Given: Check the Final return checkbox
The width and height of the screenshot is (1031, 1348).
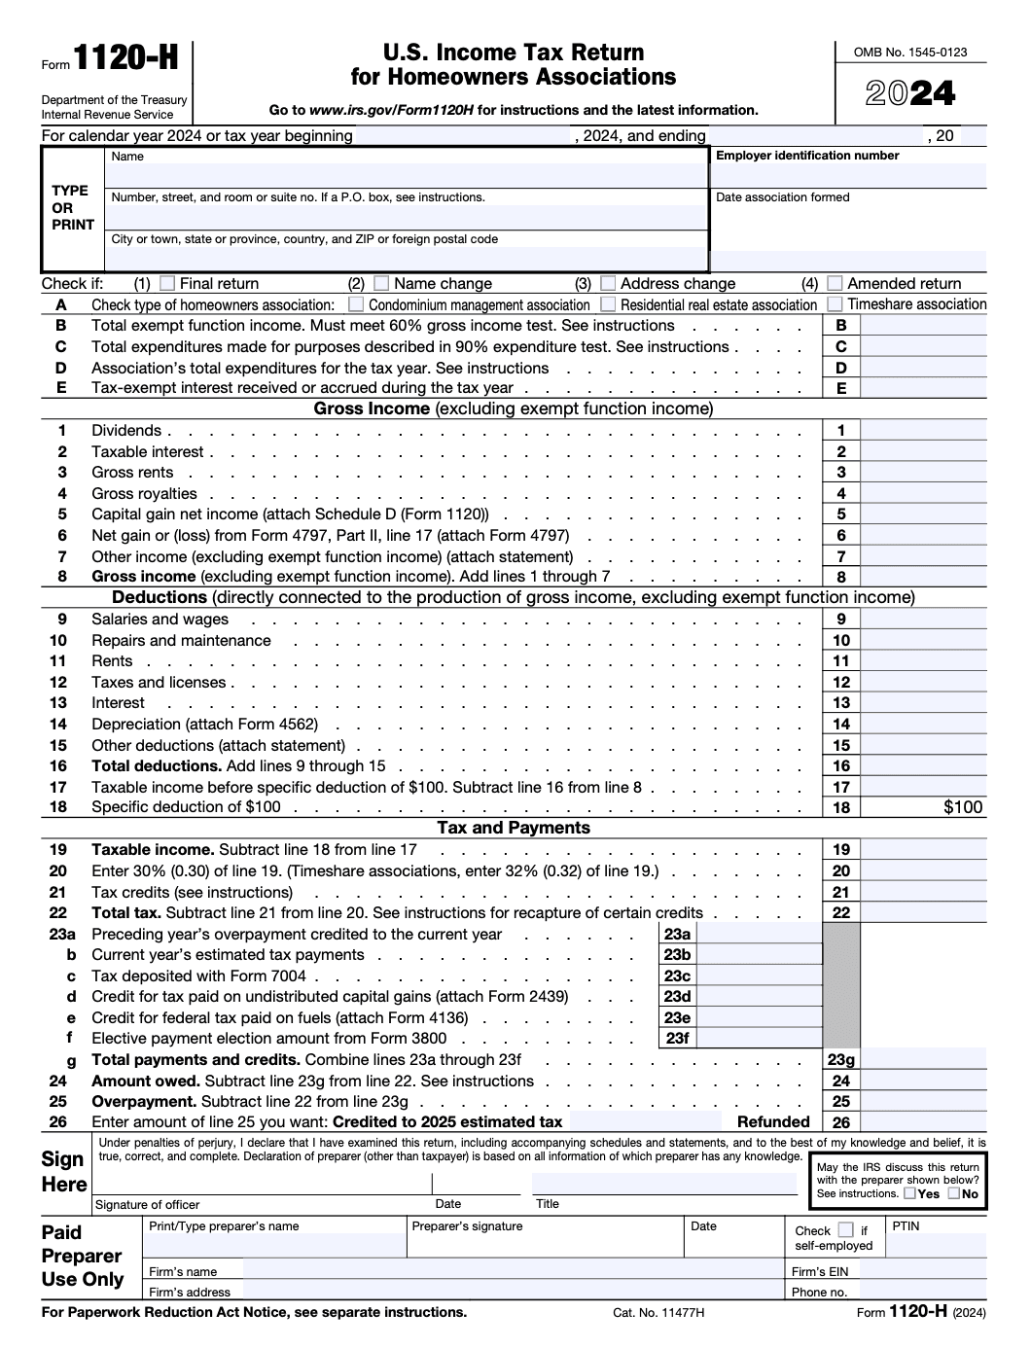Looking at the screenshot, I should click(167, 284).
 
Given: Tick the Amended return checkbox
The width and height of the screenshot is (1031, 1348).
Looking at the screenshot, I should click(835, 284).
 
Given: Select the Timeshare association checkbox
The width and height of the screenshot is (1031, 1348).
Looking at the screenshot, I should click(835, 304).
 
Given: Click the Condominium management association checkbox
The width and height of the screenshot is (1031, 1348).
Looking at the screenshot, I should click(356, 304).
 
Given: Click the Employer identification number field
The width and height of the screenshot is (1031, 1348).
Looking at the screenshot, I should click(849, 175).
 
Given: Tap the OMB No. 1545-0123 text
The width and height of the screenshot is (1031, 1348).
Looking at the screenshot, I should click(910, 53).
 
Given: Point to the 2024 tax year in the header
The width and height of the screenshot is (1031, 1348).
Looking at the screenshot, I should click(910, 93).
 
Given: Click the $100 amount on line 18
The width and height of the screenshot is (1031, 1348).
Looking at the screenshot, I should click(962, 807).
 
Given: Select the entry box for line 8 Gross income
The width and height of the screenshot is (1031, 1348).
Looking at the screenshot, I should click(923, 577).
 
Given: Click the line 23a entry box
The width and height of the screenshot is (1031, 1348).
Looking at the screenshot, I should click(759, 935).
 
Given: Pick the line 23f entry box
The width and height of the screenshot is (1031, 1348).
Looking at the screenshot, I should click(759, 1039).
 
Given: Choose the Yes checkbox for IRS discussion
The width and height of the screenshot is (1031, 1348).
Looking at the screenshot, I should click(909, 1193).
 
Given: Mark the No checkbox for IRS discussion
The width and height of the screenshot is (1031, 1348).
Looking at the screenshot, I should click(954, 1193).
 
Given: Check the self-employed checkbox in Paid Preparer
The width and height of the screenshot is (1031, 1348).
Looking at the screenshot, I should click(845, 1230).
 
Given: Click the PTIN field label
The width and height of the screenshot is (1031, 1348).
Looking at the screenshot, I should click(906, 1226).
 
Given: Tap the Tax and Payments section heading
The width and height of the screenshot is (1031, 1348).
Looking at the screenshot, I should click(514, 828).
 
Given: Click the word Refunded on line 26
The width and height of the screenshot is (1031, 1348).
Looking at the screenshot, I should click(773, 1122).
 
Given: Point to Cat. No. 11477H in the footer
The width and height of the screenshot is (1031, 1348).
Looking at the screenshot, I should click(658, 1313).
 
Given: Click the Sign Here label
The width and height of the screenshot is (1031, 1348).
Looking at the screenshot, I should click(64, 1172).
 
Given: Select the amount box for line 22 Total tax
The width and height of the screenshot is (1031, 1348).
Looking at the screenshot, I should click(923, 913).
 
